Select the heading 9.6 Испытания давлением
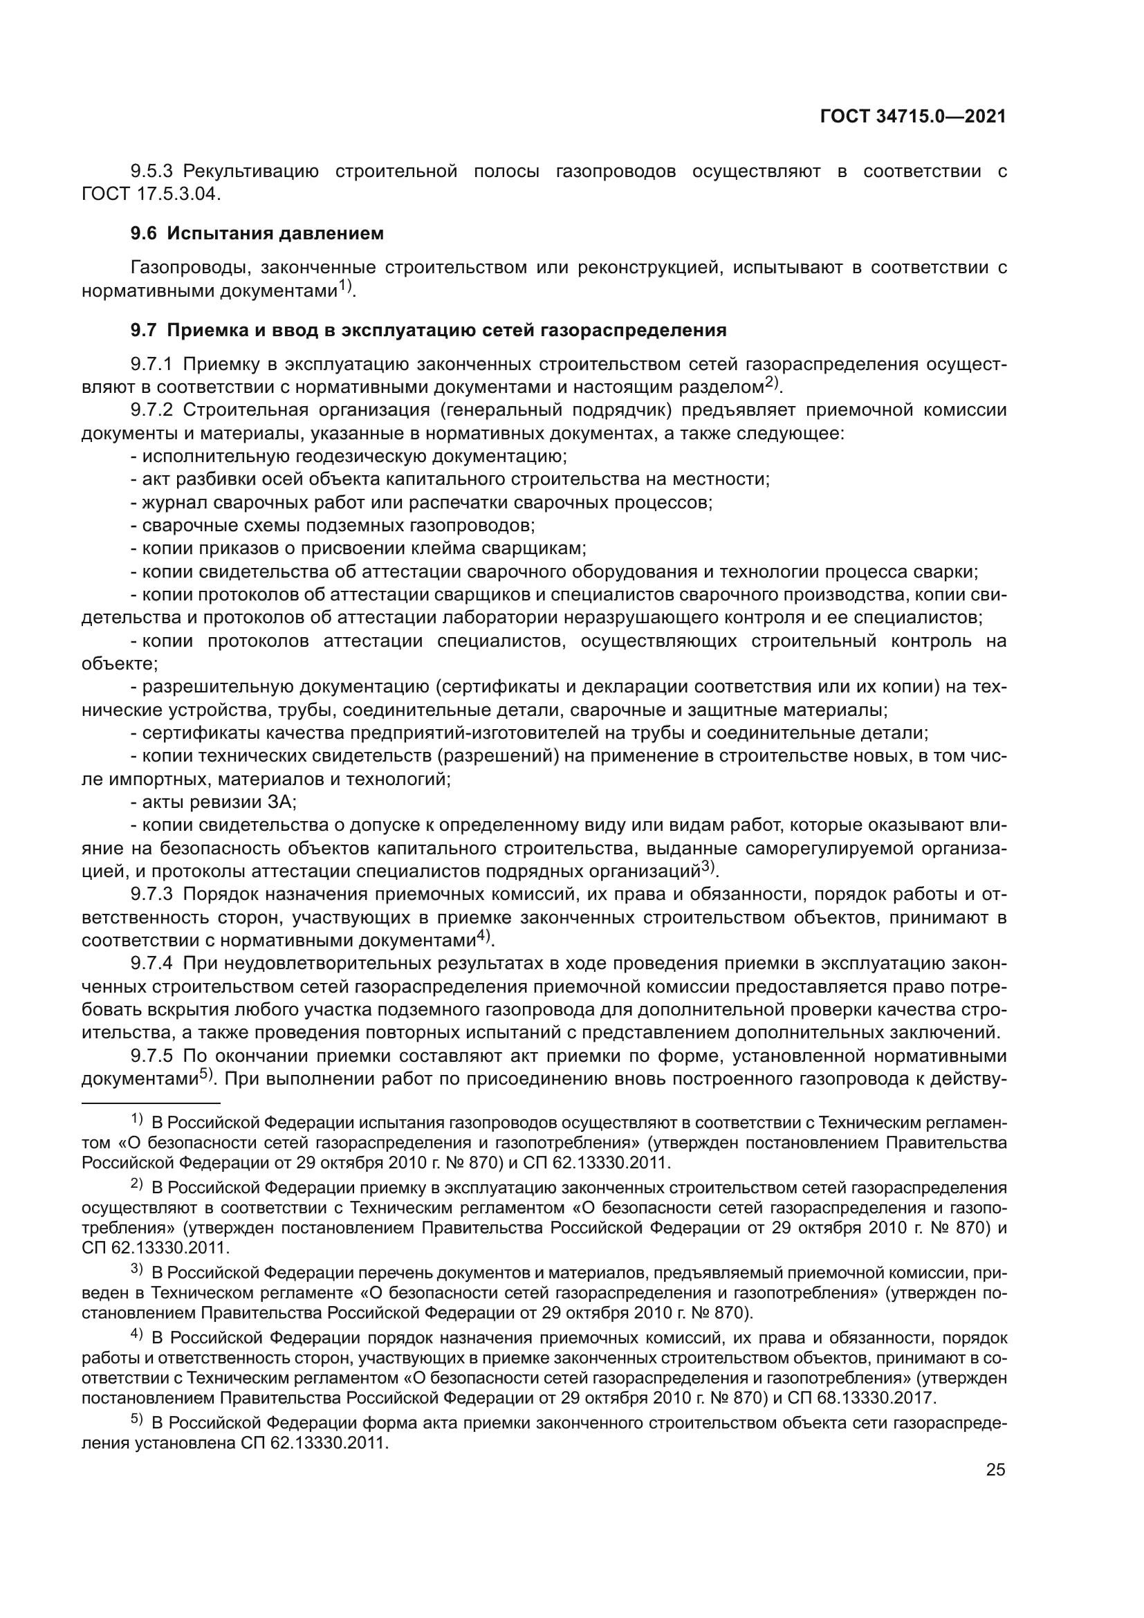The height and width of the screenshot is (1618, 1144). tap(257, 233)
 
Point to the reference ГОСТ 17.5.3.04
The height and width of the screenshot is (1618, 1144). tap(151, 194)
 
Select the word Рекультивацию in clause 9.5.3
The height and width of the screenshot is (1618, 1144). tap(251, 172)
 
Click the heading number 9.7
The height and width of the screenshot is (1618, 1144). tap(144, 331)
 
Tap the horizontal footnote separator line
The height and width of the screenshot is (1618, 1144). tap(151, 1103)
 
